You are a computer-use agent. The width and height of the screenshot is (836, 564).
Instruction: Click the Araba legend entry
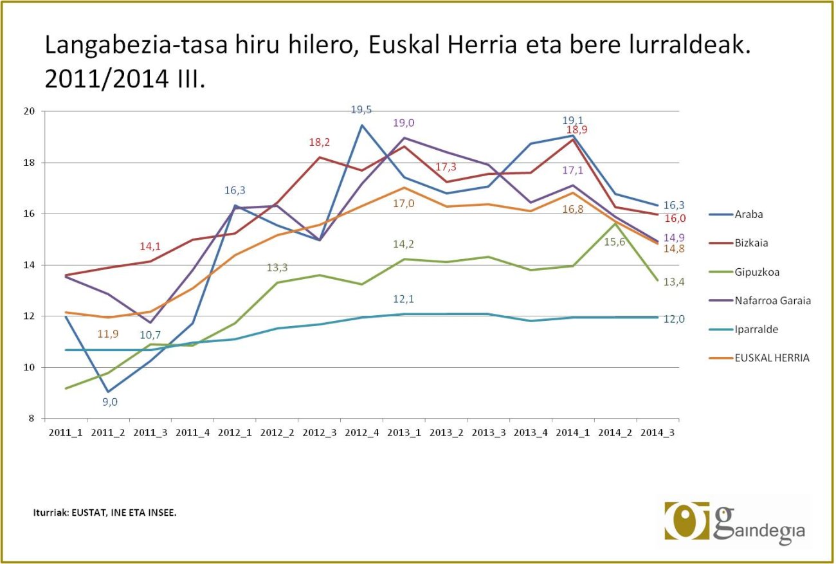point(749,215)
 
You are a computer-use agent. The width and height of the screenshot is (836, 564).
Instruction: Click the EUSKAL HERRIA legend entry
point(772,358)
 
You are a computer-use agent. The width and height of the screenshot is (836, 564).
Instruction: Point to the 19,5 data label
point(361,110)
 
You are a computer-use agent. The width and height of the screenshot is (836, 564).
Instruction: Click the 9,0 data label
point(110,402)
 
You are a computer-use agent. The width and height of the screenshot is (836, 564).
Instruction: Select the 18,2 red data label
point(320,142)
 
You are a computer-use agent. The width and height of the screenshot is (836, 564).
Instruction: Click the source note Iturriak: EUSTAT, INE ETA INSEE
point(105,513)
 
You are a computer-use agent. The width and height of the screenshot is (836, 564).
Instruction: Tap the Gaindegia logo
point(734,521)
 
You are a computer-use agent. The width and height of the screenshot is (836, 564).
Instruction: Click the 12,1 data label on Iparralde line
point(403,299)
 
